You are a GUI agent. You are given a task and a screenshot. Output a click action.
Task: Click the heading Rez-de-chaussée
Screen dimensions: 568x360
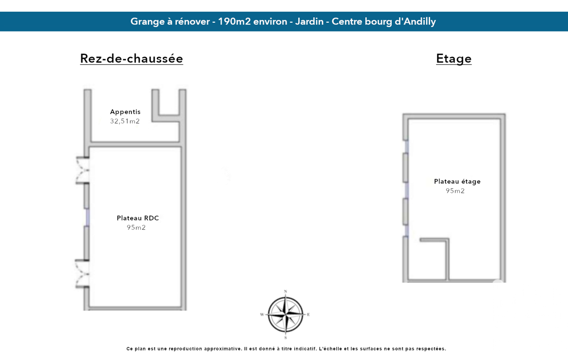point(131,59)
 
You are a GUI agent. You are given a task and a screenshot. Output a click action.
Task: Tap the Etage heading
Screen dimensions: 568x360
point(453,59)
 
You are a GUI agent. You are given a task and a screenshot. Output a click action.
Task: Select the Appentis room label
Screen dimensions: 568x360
point(125,112)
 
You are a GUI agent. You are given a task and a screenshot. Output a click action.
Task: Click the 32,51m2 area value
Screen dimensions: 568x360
point(125,121)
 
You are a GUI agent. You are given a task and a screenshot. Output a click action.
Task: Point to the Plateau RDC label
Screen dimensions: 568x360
point(137,218)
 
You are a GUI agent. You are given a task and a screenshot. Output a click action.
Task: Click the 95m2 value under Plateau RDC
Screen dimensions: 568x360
point(136,228)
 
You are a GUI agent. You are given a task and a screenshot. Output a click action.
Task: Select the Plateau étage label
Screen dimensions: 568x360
point(457,182)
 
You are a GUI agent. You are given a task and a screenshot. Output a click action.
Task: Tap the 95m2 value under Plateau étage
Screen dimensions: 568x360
point(455,191)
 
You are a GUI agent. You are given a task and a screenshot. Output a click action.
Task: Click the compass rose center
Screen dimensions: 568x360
point(285,315)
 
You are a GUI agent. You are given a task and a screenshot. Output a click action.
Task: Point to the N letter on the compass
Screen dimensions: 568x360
point(285,291)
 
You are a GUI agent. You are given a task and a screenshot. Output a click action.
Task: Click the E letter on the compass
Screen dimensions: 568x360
point(308,315)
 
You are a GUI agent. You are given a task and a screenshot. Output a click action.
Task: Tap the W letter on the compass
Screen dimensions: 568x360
point(262,315)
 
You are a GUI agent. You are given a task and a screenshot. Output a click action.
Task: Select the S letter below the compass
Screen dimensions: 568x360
point(285,337)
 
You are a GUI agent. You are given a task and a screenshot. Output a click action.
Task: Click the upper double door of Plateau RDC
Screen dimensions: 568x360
point(82,170)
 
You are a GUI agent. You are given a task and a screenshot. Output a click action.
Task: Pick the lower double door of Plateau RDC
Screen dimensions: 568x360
point(82,274)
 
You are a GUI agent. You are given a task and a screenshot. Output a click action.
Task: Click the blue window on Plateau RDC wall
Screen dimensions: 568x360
point(88,217)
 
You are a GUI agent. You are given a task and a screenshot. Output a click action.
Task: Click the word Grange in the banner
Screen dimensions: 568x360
point(147,22)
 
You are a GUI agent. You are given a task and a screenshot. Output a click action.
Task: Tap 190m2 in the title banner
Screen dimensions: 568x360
point(234,22)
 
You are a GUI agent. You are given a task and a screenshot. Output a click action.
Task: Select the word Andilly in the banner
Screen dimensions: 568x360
point(419,22)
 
